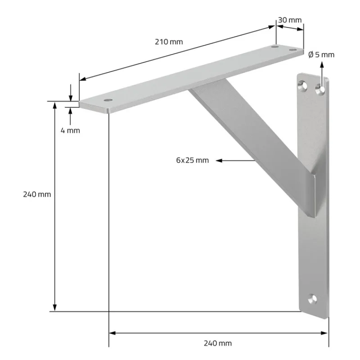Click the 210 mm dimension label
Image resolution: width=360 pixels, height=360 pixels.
169,42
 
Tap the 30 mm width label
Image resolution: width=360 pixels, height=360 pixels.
289,20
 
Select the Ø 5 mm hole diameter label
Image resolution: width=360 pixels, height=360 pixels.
321,54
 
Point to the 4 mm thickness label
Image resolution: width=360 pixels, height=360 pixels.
70,130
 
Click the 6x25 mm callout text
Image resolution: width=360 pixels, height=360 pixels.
192,160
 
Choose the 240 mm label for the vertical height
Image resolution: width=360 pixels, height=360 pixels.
37,194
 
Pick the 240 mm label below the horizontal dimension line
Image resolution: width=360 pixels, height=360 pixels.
218,343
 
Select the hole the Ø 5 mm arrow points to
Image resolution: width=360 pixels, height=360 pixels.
320,90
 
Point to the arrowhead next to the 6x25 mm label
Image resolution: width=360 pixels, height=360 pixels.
219,160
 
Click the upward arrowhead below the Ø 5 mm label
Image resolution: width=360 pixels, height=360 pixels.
322,65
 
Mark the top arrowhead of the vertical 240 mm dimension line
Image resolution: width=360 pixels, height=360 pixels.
55,105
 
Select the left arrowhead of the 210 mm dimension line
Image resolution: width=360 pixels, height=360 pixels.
82,80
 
